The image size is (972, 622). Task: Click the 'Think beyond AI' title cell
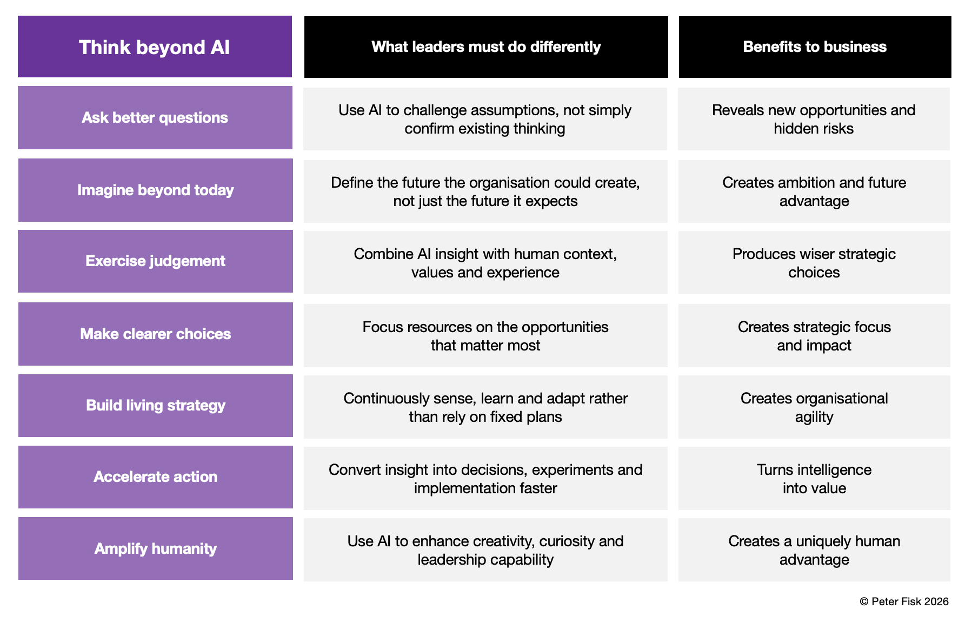155,47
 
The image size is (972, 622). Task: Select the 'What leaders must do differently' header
486,47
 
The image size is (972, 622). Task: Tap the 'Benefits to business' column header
815,47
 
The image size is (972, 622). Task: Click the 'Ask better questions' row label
155,117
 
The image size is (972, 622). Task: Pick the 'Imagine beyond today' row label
156,190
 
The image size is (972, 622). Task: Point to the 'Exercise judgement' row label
156,261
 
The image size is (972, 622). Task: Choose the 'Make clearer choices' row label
156,334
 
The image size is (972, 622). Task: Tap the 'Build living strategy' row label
156,406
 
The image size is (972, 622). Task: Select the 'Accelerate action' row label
156,477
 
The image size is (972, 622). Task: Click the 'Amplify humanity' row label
156,548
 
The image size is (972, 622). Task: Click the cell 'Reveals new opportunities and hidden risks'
814,119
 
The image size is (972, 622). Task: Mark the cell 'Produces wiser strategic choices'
814,263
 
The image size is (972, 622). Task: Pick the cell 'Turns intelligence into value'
814,478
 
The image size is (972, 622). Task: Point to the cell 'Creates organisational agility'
814,407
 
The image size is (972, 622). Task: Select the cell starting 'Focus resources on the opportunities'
485,335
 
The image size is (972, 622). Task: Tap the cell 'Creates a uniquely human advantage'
814,550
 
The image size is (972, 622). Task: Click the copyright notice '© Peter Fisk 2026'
904,601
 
